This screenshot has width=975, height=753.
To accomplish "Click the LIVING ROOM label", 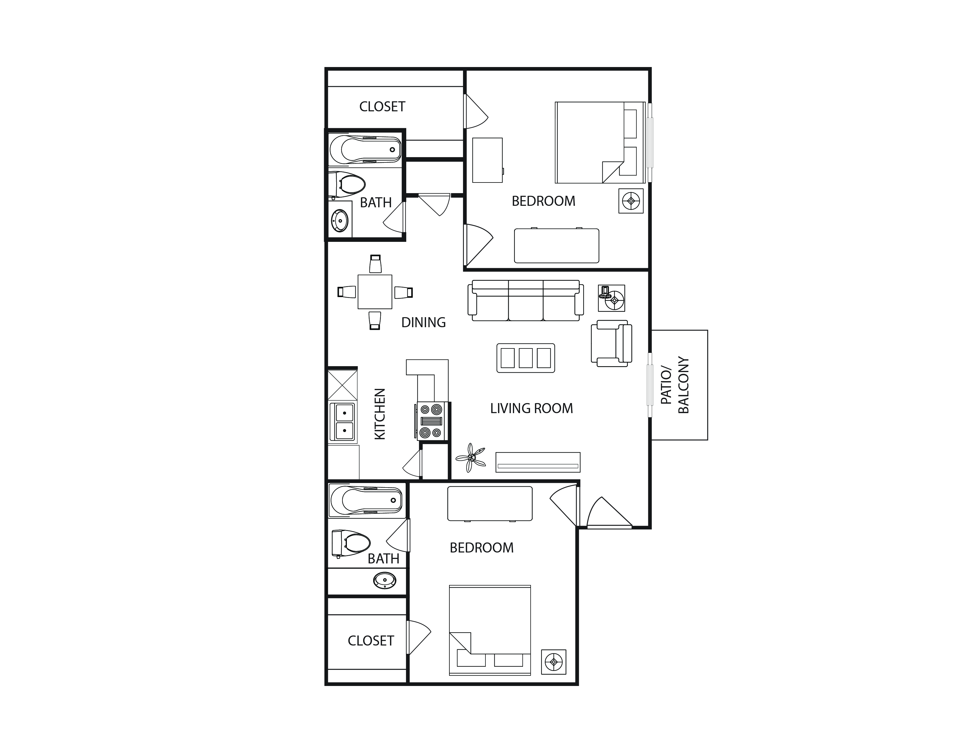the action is pyautogui.click(x=531, y=408).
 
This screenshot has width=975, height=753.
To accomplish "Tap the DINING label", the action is pyautogui.click(x=423, y=322).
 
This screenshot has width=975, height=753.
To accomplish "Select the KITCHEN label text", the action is pyautogui.click(x=379, y=414).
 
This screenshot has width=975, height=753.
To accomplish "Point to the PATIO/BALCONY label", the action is pyautogui.click(x=675, y=385).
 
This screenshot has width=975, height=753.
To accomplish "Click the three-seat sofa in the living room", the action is pyautogui.click(x=525, y=300).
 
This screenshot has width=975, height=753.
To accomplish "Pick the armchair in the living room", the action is pyautogui.click(x=611, y=343).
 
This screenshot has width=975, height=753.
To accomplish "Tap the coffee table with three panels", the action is pyautogui.click(x=525, y=358).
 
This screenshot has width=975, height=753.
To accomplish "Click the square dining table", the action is pyautogui.click(x=375, y=292).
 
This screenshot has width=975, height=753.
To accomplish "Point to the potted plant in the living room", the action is pyautogui.click(x=471, y=458).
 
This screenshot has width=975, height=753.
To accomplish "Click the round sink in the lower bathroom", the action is pyautogui.click(x=384, y=581).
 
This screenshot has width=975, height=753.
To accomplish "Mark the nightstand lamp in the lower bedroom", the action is pyautogui.click(x=554, y=661).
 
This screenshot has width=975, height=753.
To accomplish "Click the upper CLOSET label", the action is pyautogui.click(x=382, y=107).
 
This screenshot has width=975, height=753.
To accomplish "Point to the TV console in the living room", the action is pyautogui.click(x=538, y=462).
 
